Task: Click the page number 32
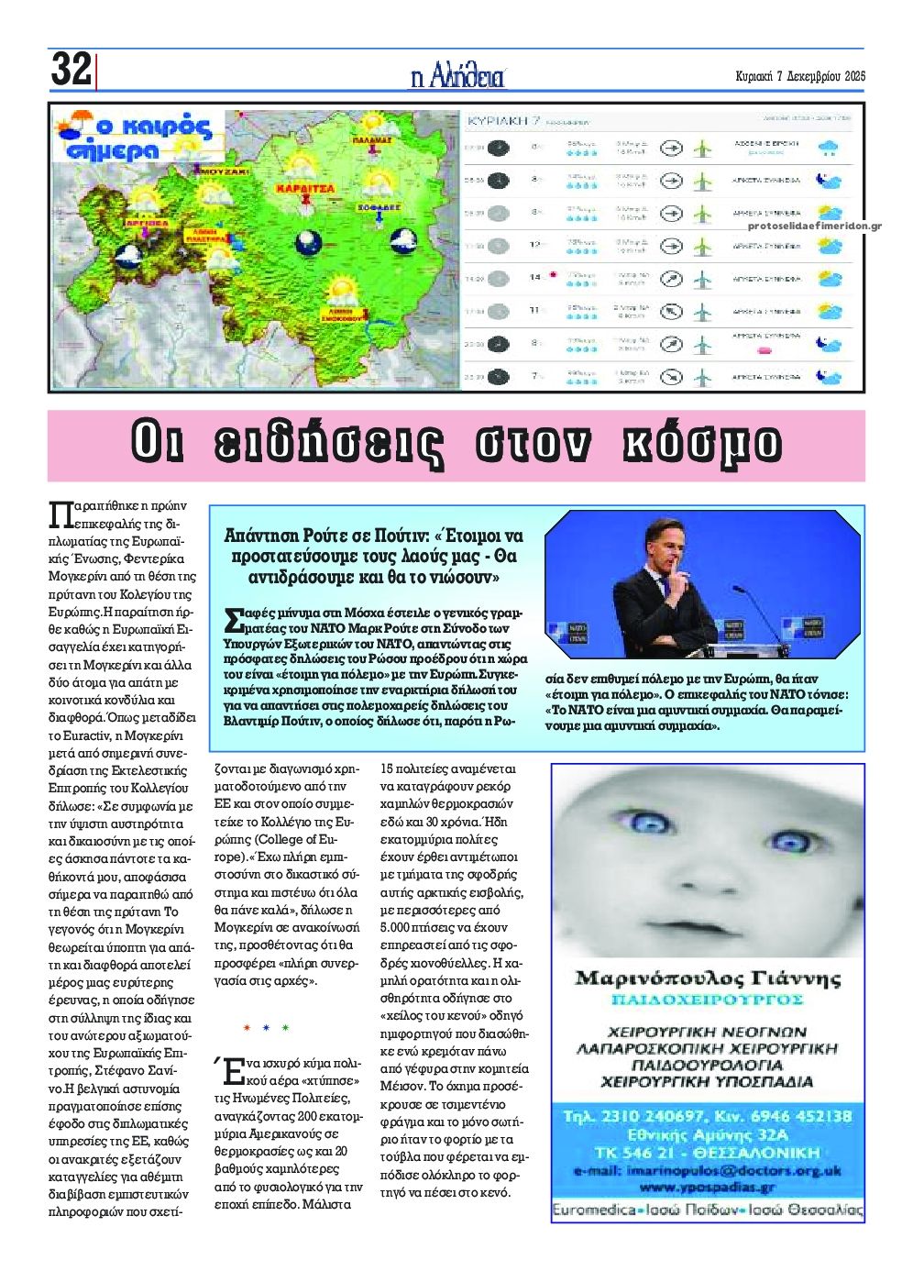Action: pos(71,70)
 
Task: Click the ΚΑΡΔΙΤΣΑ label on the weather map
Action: pos(300,186)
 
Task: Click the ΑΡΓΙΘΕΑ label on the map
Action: pos(147,222)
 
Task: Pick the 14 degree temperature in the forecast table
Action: pos(535,277)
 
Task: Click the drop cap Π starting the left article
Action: pos(58,514)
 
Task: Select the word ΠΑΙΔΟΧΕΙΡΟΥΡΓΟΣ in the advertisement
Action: pos(707,999)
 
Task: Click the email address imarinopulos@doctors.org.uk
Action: pos(707,1171)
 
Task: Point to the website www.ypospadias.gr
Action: pos(707,1187)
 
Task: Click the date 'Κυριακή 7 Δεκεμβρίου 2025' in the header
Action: pos(800,76)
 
